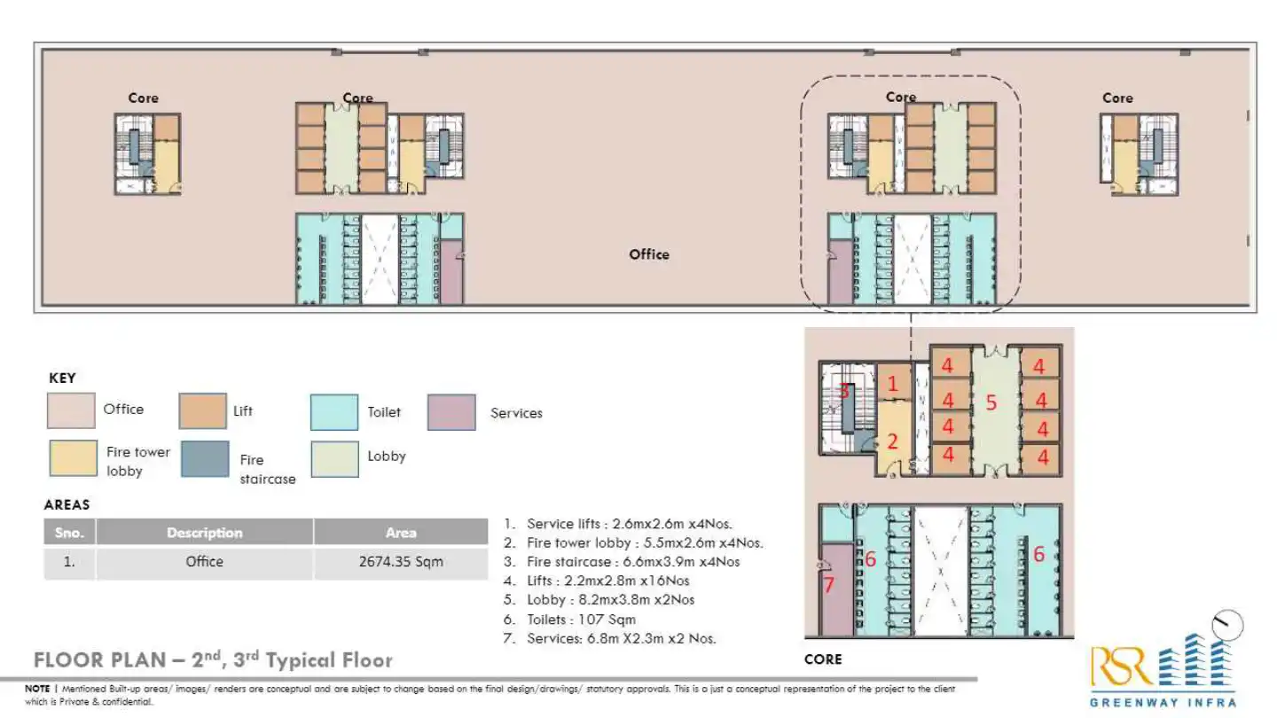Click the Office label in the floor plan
[x=649, y=254]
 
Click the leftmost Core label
[x=143, y=98]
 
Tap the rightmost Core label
[x=1117, y=98]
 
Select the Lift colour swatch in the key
[x=203, y=411]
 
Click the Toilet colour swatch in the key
[x=334, y=412]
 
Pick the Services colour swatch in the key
[x=451, y=412]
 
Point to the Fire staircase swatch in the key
[x=205, y=459]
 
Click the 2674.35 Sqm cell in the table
[x=401, y=562]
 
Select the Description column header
[x=204, y=533]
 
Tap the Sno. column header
[x=69, y=533]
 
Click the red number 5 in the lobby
[x=991, y=403]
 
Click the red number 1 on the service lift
[x=893, y=384]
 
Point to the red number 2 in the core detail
[x=893, y=441]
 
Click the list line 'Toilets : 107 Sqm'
[x=582, y=620]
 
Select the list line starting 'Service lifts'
[x=630, y=524]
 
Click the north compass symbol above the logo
[x=1228, y=625]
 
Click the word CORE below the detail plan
[x=823, y=659]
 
